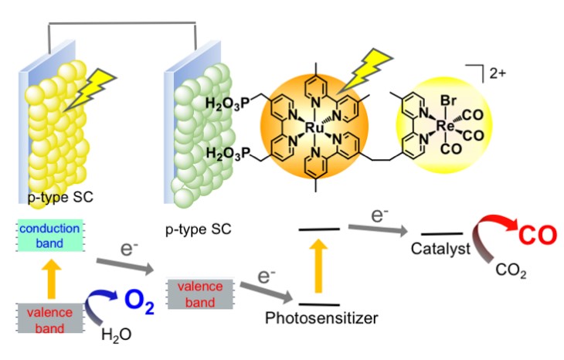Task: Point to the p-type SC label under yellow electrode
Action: click(50, 198)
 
